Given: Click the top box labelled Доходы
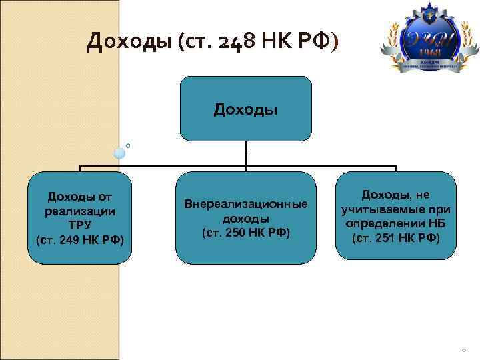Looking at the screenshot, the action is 245,108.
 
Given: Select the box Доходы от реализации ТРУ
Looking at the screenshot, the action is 80,217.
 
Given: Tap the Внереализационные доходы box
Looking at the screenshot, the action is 245,217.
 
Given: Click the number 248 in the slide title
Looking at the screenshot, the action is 245,43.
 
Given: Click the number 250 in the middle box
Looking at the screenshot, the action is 236,232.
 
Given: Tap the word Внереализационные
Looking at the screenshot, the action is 245,203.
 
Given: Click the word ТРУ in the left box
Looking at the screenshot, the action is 80,225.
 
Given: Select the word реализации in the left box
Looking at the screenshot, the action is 80,211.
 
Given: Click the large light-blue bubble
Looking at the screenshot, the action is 119,153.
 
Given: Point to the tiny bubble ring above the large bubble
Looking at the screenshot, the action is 127,144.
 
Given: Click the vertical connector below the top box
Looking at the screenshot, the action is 246,153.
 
